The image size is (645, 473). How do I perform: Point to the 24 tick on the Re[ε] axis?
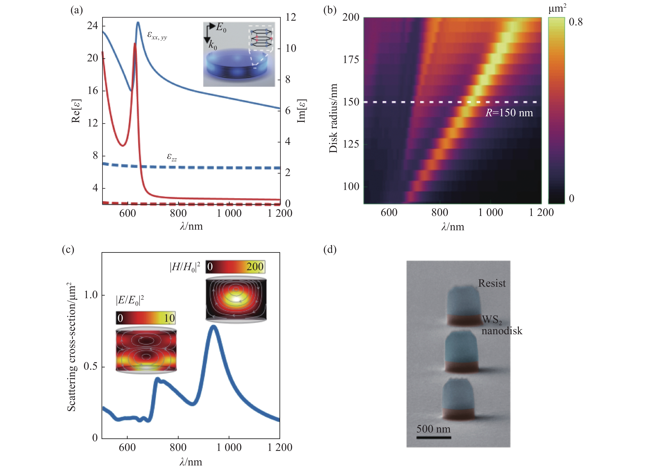pyautogui.click(x=93, y=26)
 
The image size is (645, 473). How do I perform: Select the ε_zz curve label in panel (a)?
pyautogui.click(x=172, y=157)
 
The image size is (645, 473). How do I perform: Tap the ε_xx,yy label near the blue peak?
pyautogui.click(x=157, y=35)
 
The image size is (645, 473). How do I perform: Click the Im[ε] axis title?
pyautogui.click(x=302, y=111)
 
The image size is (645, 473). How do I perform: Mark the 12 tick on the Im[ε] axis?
pyautogui.click(x=291, y=17)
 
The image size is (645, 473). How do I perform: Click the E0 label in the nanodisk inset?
pyautogui.click(x=221, y=27)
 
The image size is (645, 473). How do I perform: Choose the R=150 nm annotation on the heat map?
pyautogui.click(x=509, y=113)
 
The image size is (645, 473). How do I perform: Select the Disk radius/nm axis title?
pyautogui.click(x=333, y=118)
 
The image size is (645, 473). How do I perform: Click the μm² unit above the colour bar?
pyautogui.click(x=557, y=9)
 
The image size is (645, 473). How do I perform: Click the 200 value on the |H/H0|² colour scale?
pyautogui.click(x=255, y=266)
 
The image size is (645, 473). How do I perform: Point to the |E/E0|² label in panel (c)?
pyautogui.click(x=130, y=300)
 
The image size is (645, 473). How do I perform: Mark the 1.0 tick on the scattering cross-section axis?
pyautogui.click(x=91, y=295)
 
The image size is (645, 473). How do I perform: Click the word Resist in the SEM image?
pyautogui.click(x=492, y=283)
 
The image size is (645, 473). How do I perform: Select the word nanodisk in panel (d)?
pyautogui.click(x=502, y=331)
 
